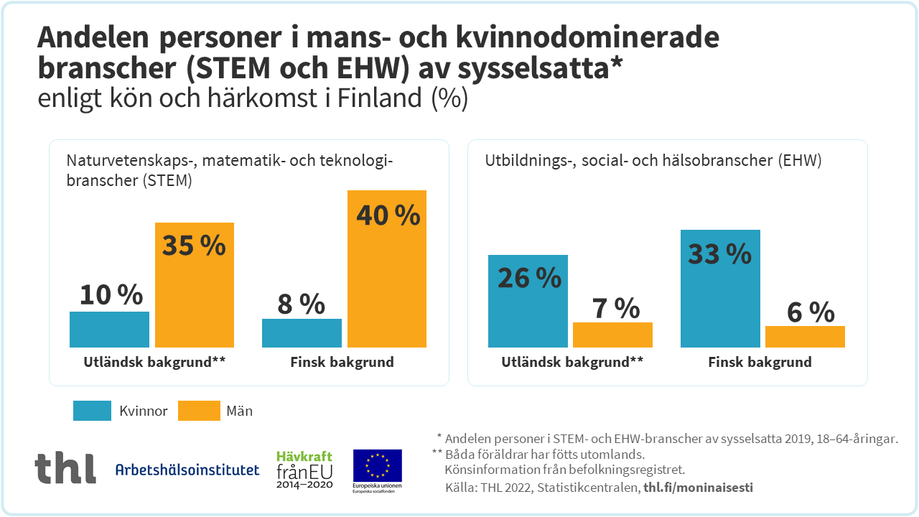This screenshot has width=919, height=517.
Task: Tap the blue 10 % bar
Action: click(109, 330)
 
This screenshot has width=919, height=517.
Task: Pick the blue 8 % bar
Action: click(302, 333)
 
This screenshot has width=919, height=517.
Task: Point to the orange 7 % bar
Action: click(612, 335)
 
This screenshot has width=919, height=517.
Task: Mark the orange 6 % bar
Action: click(805, 337)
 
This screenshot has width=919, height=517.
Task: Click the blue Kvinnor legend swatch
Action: click(92, 411)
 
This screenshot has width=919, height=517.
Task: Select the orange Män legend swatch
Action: click(199, 411)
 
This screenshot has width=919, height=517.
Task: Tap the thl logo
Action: click(65, 468)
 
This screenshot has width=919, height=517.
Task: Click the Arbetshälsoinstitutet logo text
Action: click(187, 470)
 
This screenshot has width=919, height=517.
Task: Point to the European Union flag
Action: click(377, 465)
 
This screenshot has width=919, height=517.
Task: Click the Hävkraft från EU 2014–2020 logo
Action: click(305, 470)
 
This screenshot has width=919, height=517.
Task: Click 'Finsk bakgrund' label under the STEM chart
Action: click(342, 362)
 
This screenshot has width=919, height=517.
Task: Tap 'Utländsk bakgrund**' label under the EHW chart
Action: click(572, 362)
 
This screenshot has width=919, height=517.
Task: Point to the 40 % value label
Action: click(388, 215)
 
